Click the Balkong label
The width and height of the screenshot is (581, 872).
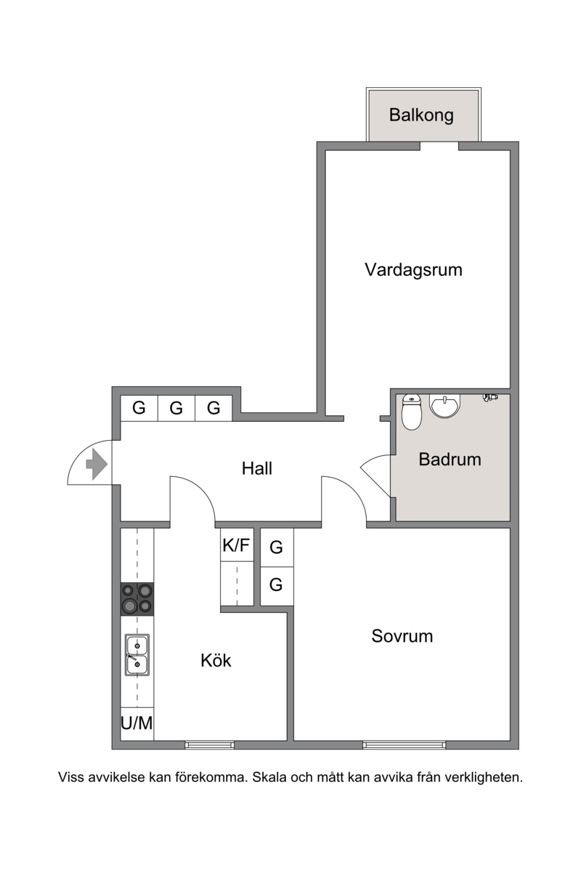pos(421,115)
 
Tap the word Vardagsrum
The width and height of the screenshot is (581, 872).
pos(413,270)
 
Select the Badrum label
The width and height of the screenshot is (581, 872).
pos(450,460)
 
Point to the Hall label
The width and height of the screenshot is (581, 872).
pos(256,468)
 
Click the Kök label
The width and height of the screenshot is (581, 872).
pos(216,660)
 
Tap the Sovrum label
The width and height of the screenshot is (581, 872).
pos(402,636)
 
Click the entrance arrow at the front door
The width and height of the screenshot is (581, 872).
pos(97,464)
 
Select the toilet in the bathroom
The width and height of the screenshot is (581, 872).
pos(412,412)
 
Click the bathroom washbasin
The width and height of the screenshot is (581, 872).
pos(444,406)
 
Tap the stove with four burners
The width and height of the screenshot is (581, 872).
pos(137,599)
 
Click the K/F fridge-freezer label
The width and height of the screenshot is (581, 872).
pos(236,545)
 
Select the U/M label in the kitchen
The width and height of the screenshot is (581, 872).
pos(137,723)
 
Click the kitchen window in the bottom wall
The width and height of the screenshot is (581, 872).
pos(209,745)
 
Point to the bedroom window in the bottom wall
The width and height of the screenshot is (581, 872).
pos(405,745)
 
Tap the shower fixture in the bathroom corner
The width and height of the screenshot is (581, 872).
pos(490,397)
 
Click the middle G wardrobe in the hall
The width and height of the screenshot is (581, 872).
pos(176,408)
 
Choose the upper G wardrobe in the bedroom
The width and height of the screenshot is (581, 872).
pos(277,547)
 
